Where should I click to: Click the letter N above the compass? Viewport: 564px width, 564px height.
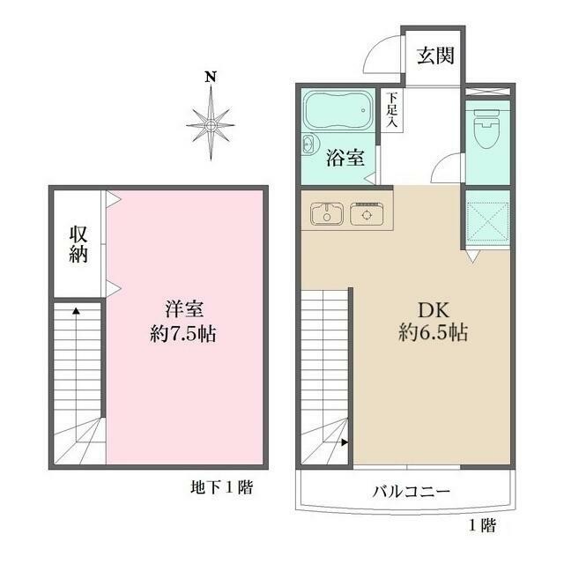coord(211,77)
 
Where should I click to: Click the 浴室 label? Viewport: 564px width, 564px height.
coord(345,160)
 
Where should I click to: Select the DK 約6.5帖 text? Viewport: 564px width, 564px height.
coord(430,322)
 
